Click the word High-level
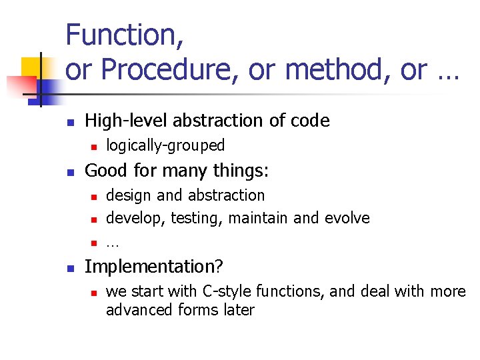(x=127, y=121)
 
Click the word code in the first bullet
(x=311, y=121)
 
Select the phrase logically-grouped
(x=165, y=145)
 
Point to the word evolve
(x=347, y=218)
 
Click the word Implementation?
(x=154, y=267)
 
